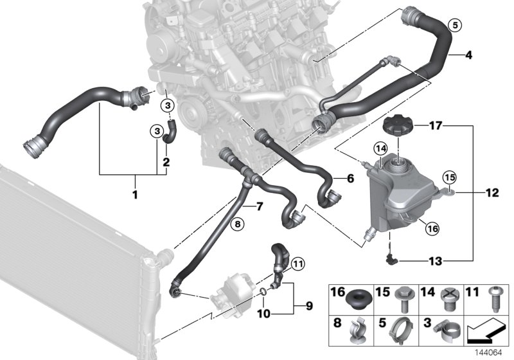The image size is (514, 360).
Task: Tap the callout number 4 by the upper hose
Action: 468,55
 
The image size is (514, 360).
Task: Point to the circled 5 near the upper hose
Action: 455,26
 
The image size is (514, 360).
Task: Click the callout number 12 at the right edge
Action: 492,192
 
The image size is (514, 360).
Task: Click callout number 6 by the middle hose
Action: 350,179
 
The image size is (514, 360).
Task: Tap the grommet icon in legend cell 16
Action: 354,299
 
